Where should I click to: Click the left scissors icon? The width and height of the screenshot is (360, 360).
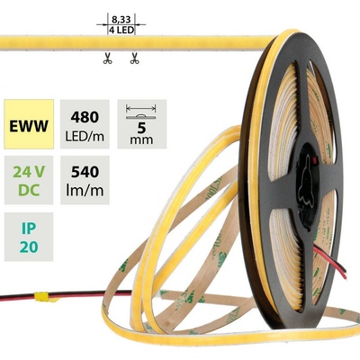tap(108, 58)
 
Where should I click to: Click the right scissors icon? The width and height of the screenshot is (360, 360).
tap(134, 58)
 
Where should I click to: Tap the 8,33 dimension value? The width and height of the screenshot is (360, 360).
tap(121, 20)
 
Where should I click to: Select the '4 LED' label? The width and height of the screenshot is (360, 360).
tap(121, 30)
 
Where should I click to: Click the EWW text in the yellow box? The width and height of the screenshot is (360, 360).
tap(29, 126)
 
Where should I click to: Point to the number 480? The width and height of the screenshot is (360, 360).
tap(85, 117)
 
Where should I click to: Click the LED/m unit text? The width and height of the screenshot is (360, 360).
tap(85, 137)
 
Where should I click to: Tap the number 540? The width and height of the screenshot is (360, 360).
tap(85, 172)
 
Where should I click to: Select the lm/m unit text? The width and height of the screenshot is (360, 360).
tap(85, 191)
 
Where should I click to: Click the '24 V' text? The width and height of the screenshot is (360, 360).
tap(29, 172)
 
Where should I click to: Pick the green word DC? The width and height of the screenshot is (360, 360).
tap(29, 190)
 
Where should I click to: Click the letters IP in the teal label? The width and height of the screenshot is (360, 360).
tap(29, 229)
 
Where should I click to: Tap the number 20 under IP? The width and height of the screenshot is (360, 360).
tap(29, 247)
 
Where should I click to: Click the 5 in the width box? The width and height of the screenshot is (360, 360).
tap(141, 128)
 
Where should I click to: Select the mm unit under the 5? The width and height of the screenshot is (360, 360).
tap(141, 139)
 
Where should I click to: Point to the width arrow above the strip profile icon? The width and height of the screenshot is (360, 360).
tap(141, 107)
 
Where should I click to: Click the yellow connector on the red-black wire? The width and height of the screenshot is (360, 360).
tap(41, 297)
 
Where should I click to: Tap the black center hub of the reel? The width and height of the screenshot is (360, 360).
tap(308, 183)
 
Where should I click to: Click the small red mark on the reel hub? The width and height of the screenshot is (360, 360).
tap(314, 161)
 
